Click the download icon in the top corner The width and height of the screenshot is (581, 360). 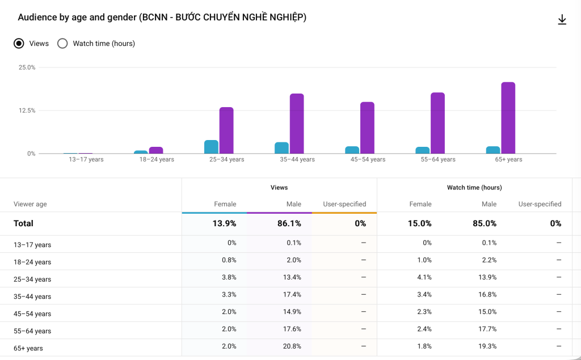pyautogui.click(x=562, y=20)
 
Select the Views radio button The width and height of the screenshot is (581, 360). pyautogui.click(x=19, y=43)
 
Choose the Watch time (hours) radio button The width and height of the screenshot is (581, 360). pyautogui.click(x=62, y=43)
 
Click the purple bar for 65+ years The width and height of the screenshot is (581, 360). pyautogui.click(x=508, y=118)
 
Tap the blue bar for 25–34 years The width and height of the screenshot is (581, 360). pyautogui.click(x=211, y=147)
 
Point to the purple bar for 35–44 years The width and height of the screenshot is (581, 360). pyautogui.click(x=297, y=124)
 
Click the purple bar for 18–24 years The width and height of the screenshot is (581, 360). pyautogui.click(x=156, y=150)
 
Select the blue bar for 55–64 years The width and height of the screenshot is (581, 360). pyautogui.click(x=422, y=150)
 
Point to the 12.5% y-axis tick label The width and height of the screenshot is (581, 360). pyautogui.click(x=27, y=111)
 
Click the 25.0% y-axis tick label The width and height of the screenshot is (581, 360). pyautogui.click(x=27, y=67)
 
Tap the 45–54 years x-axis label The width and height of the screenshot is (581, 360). pyautogui.click(x=368, y=159)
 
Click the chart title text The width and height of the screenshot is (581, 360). pyautogui.click(x=162, y=17)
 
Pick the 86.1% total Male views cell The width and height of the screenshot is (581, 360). pyautogui.click(x=289, y=223)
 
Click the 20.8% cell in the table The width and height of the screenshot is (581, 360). pyautogui.click(x=292, y=346)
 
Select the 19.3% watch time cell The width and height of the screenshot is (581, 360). pyautogui.click(x=487, y=346)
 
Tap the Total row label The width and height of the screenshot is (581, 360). pyautogui.click(x=23, y=223)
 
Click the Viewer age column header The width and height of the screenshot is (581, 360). pyautogui.click(x=30, y=204)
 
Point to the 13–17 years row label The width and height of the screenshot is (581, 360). pyautogui.click(x=32, y=245)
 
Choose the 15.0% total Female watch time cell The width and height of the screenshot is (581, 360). pyautogui.click(x=419, y=223)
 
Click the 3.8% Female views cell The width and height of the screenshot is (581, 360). pyautogui.click(x=229, y=277)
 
